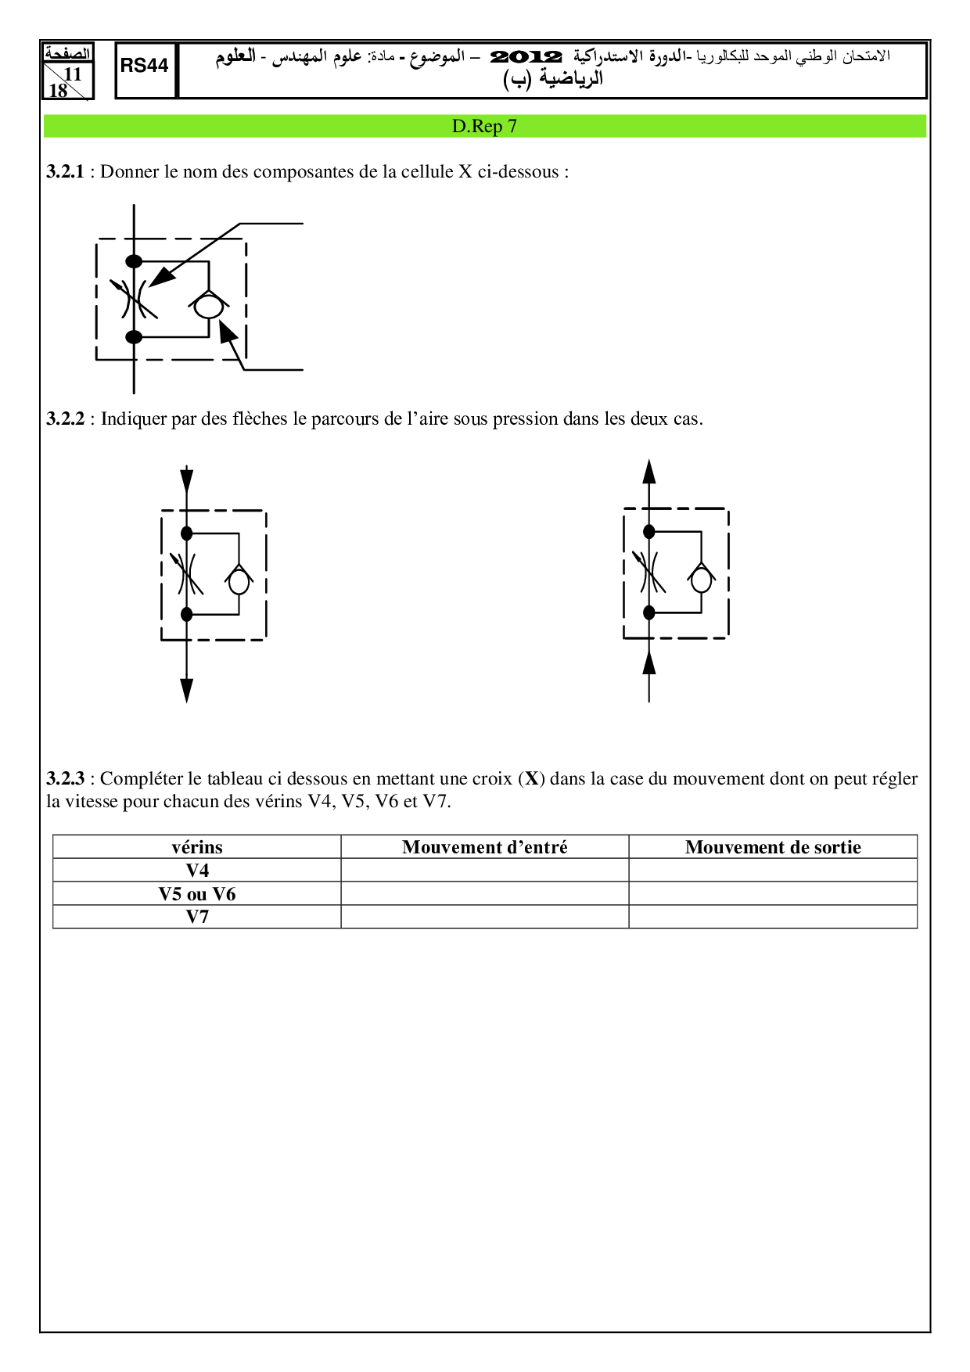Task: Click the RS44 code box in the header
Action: coord(145,66)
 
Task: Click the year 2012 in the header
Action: coord(526,57)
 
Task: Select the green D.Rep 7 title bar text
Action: coord(484,127)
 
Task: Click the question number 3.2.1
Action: coord(65,172)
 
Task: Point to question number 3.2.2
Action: coord(65,419)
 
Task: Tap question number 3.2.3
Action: coord(65,779)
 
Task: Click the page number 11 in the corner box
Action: coord(72,74)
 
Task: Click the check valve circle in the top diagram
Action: coord(209,306)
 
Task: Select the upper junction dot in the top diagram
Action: coord(135,261)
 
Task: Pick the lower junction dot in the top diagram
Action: coord(135,337)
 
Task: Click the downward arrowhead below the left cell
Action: coord(186,690)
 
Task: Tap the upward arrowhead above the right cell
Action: coord(648,472)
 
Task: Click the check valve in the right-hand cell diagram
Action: coord(702,580)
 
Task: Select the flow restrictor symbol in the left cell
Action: coord(186,574)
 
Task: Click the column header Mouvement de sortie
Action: coord(773,847)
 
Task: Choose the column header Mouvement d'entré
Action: coord(484,847)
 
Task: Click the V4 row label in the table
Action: coord(197,871)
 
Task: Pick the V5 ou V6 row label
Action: coord(197,894)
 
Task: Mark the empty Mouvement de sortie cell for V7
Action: coord(773,917)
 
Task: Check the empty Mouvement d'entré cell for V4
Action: coord(484,871)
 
